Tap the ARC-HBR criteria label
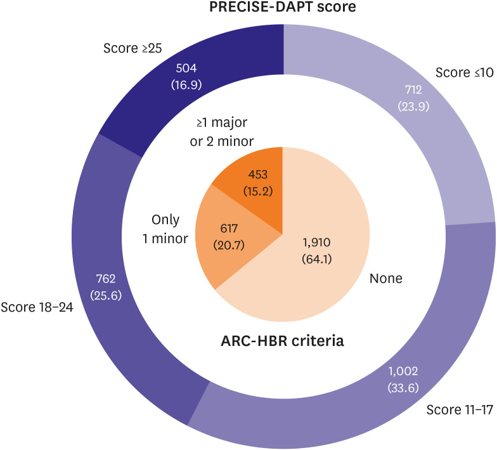pos(283,341)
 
